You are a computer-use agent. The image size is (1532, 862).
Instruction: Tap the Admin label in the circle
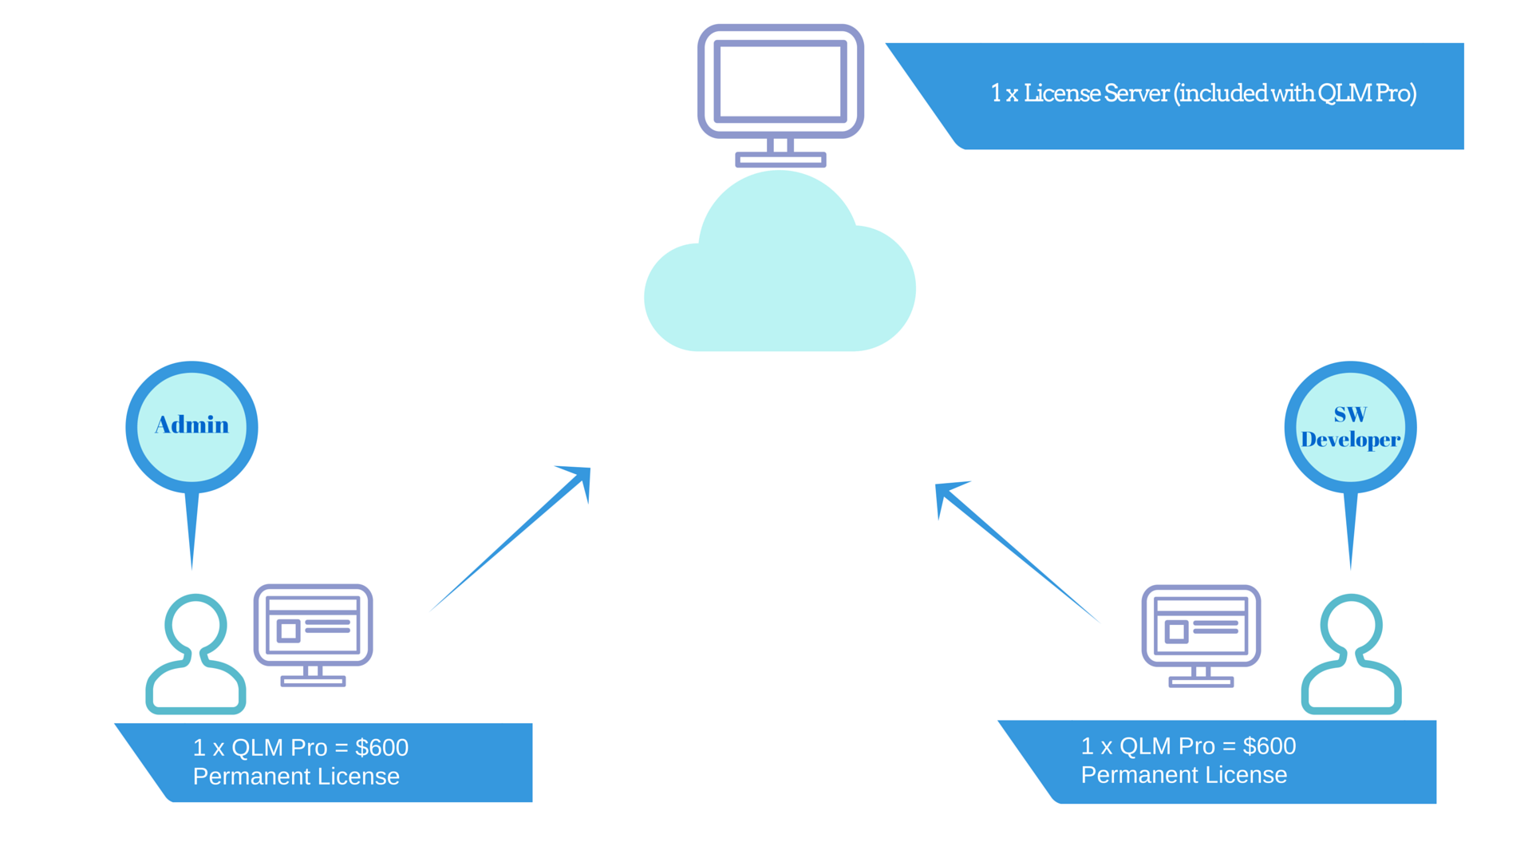point(191,425)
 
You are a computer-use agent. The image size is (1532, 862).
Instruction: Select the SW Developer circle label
point(1350,427)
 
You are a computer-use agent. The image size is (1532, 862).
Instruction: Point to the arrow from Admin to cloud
point(511,540)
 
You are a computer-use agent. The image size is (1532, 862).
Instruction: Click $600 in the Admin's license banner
point(381,748)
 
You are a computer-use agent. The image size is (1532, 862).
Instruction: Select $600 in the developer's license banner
point(1269,746)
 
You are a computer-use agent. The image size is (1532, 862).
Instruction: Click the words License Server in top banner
point(1096,93)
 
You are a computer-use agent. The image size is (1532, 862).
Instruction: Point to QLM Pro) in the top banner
point(1367,93)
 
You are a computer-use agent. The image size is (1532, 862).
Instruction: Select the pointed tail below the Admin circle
point(191,527)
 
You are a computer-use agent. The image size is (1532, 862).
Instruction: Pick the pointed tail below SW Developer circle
point(1350,527)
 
